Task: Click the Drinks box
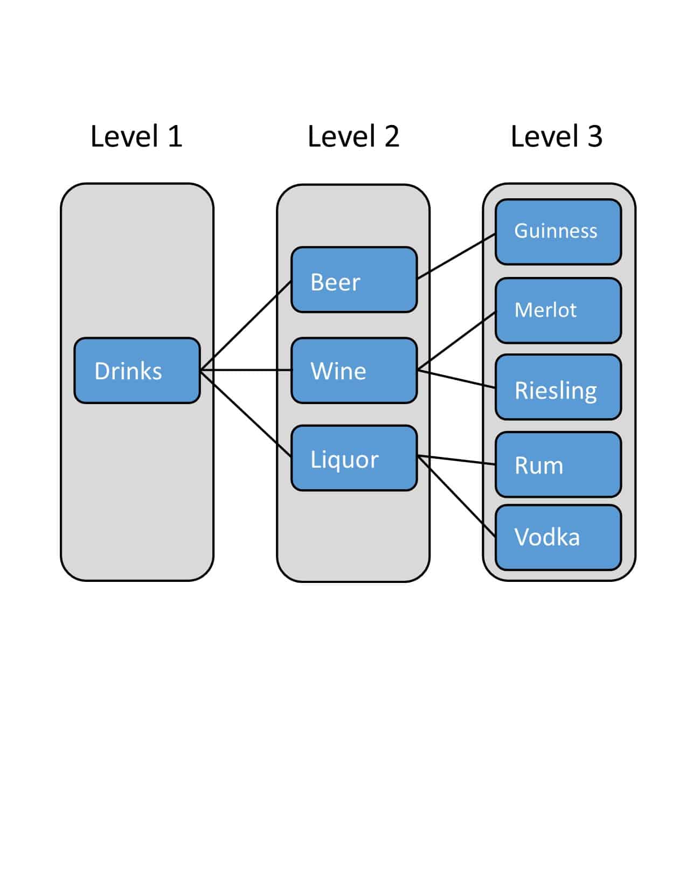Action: (137, 371)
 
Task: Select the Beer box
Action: (354, 280)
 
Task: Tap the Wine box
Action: (354, 371)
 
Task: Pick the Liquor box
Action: (354, 458)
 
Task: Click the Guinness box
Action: (558, 232)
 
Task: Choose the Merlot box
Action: (558, 310)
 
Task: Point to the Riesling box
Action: (558, 387)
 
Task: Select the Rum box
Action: (558, 464)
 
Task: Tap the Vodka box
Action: (558, 537)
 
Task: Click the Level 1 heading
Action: (136, 136)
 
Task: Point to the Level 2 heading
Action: (353, 136)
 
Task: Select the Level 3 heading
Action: (557, 136)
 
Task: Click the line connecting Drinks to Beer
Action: (246, 325)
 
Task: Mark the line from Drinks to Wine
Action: (246, 370)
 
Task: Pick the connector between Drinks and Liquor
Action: (246, 414)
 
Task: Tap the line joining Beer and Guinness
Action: (456, 256)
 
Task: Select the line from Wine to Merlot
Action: (456, 341)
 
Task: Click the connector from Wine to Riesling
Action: (456, 378)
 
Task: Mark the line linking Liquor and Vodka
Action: (456, 496)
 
